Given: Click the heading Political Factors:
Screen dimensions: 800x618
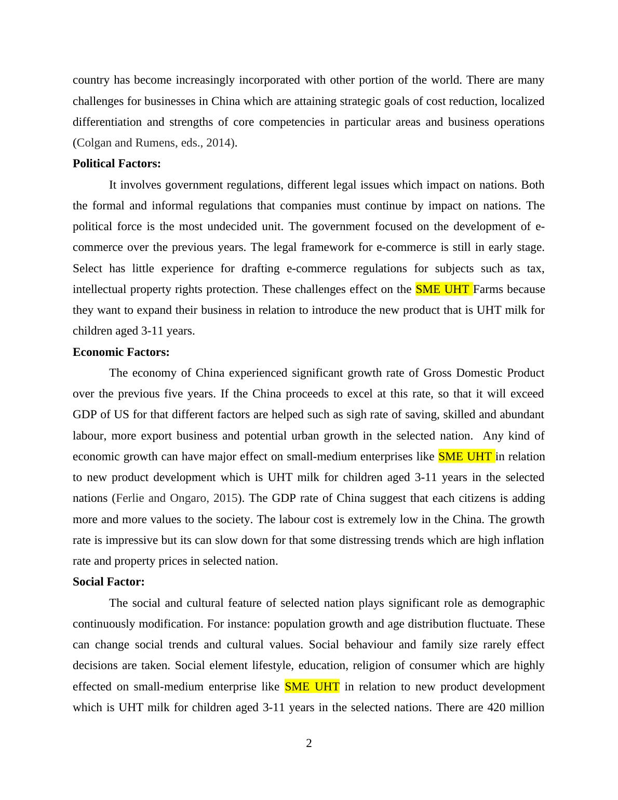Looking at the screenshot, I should tap(116, 164).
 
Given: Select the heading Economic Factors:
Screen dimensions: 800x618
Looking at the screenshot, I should tap(121, 352).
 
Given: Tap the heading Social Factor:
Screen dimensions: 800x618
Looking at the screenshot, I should tap(109, 582).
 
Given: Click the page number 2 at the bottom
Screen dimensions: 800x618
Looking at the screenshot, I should tap(309, 743).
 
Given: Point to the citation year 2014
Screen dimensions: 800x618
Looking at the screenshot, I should tap(218, 143).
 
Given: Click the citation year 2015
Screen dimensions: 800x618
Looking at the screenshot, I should tap(225, 498).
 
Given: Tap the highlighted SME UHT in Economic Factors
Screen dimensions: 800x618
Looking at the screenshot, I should tap(466, 457).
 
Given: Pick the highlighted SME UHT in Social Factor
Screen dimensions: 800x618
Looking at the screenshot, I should tap(312, 687).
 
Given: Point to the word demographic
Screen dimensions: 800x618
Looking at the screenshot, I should tap(513, 603).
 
